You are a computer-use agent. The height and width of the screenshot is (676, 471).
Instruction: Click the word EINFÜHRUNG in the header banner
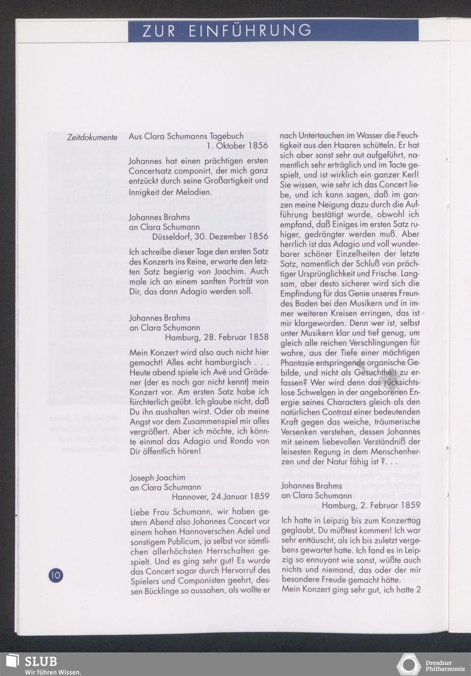click(250, 31)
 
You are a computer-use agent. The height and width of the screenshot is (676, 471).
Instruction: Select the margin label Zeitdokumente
click(92, 138)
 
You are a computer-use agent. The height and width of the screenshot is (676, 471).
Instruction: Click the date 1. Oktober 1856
click(237, 146)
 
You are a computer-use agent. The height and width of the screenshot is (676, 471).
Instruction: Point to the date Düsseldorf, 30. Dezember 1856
click(210, 236)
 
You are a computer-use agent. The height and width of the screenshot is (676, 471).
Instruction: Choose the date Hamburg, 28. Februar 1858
click(217, 337)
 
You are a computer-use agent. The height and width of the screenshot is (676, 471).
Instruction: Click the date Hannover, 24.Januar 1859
click(220, 496)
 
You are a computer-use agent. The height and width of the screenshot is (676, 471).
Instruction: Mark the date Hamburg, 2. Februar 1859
click(371, 505)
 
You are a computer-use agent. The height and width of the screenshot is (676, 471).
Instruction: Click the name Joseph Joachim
click(157, 478)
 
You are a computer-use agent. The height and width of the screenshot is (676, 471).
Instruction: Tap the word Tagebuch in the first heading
click(227, 136)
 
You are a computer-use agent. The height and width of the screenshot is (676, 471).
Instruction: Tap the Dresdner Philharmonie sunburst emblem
click(408, 664)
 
